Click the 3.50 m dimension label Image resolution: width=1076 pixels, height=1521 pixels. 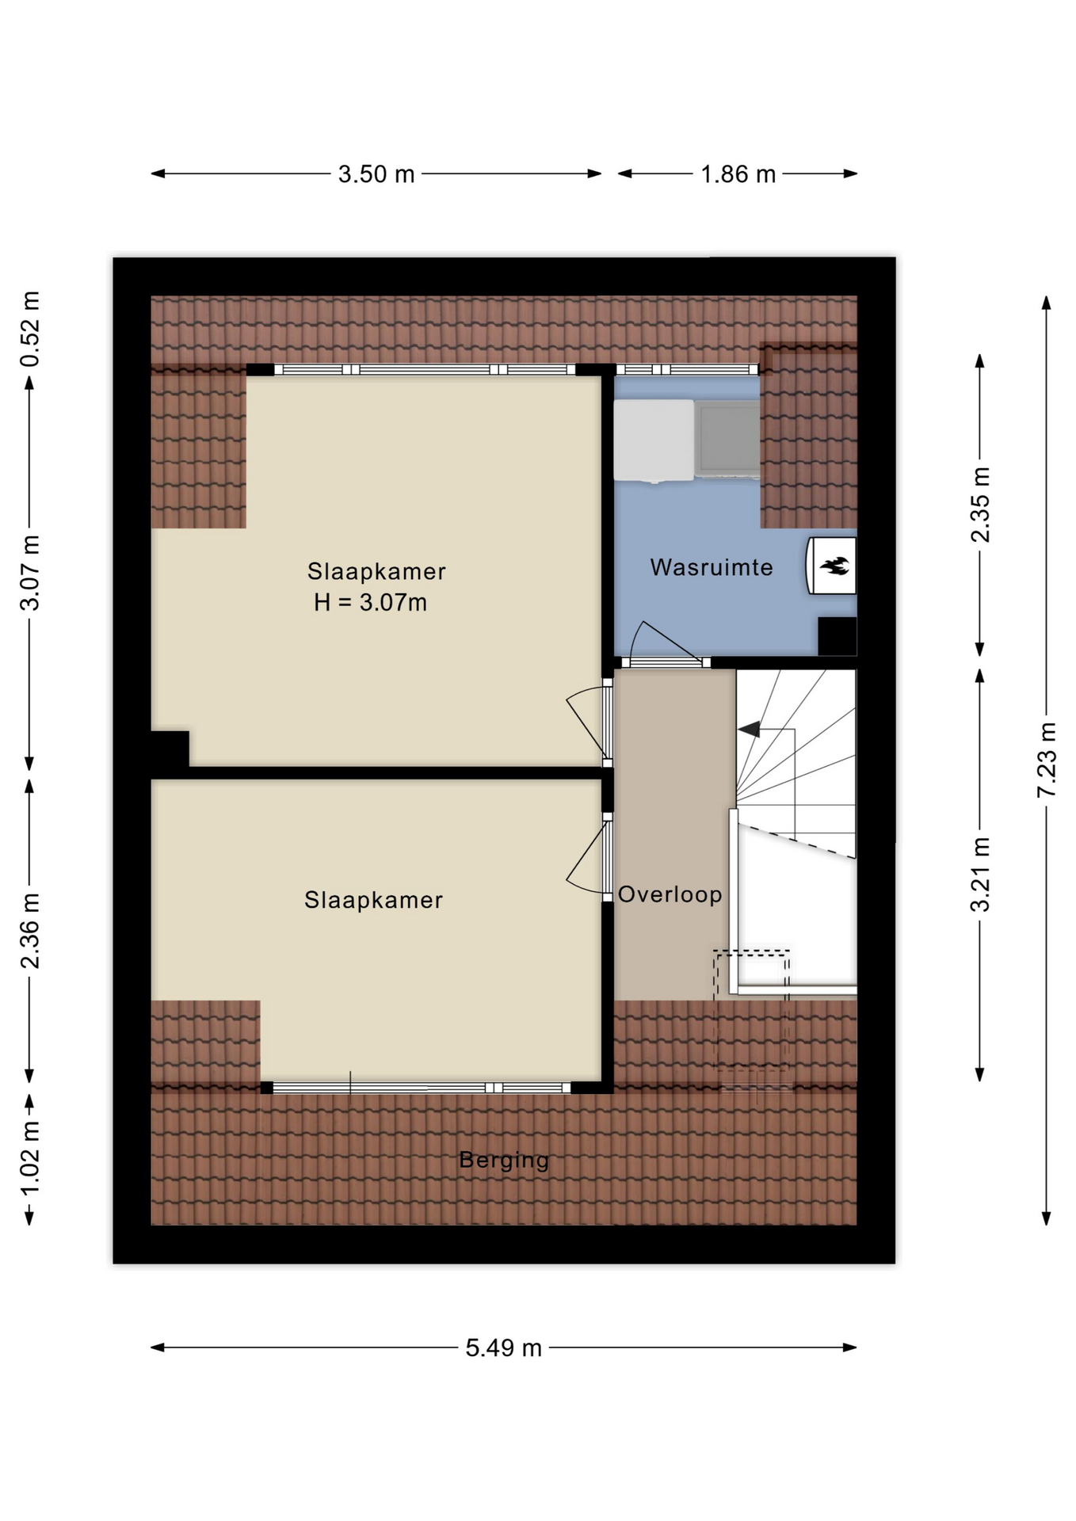pos(376,174)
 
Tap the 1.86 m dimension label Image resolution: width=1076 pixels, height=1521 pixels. pos(738,174)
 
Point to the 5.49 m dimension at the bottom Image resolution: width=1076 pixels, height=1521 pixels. pos(503,1348)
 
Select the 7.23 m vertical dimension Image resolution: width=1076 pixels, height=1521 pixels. pos(1047,760)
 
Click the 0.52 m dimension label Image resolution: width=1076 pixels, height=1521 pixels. pos(30,329)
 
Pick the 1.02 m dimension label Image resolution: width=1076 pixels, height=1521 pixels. pos(30,1159)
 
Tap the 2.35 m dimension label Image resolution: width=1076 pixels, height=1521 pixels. pos(981,505)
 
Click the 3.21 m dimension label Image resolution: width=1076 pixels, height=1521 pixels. pos(981,875)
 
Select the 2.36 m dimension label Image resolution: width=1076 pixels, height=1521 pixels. pos(30,930)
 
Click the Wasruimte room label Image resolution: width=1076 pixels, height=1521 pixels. pos(712,567)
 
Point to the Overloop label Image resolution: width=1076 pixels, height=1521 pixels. pos(670,894)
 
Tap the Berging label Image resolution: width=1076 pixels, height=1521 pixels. pos(504,1160)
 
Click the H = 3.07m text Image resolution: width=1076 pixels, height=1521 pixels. pos(370,603)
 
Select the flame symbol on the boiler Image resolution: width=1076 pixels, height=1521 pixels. pos(834,566)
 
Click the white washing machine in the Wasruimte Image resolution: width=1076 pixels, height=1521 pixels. pos(654,440)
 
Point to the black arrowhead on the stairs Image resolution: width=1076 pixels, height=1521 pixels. pos(749,729)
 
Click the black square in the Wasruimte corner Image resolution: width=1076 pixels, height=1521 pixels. pos(837,636)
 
